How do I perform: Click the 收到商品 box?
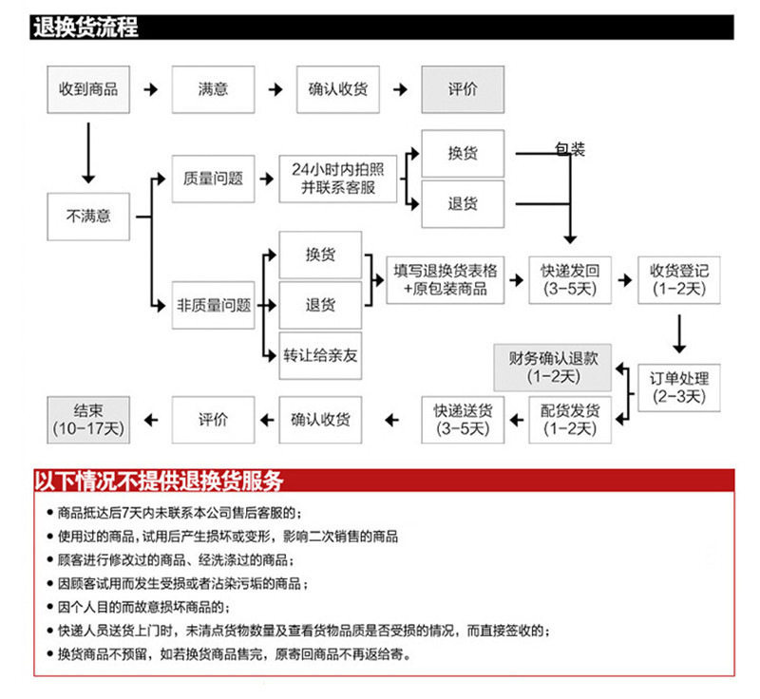pos(88,89)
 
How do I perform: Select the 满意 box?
pos(213,89)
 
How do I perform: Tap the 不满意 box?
pos(88,216)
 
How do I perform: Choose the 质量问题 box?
pos(213,178)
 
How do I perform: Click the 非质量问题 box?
pos(213,305)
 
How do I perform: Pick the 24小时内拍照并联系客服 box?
pos(337,178)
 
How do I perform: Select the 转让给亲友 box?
pos(320,355)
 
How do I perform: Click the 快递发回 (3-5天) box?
pos(570,279)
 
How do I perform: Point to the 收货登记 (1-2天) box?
pos(679,279)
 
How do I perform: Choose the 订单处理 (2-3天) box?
pos(679,387)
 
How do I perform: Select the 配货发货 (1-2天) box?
pos(570,419)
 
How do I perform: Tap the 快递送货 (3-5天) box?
pos(463,419)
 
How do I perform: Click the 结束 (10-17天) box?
pos(86,419)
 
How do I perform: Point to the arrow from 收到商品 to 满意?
pos(150,89)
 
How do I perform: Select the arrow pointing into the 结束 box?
pos(150,419)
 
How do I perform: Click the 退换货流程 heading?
pos(85,27)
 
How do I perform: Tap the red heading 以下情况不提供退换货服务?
pos(157,479)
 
